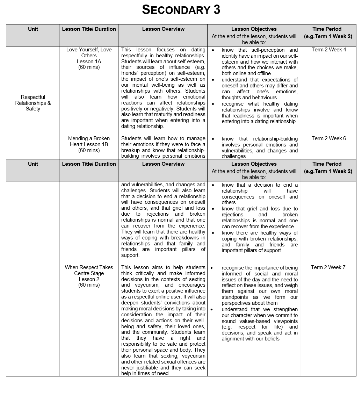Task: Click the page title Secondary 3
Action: point(181,10)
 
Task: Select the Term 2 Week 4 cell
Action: point(328,50)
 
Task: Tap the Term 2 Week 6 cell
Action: point(328,138)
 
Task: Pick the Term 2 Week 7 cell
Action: point(328,267)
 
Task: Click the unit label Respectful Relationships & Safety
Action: point(33,103)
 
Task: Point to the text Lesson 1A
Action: point(89,62)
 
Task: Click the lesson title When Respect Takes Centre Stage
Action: point(89,270)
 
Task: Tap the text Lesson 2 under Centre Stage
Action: point(89,279)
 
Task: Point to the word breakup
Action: point(131,150)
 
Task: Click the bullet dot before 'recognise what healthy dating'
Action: point(213,104)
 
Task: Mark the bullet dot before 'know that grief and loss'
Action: point(213,209)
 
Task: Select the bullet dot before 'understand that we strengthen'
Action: point(212,309)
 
